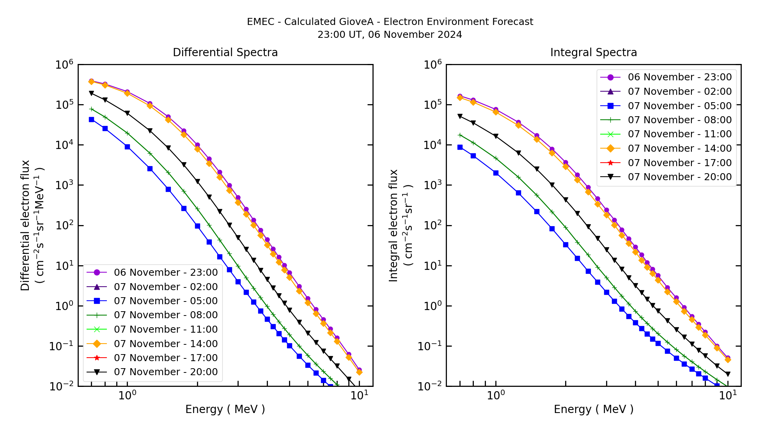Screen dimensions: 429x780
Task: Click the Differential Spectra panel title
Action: (x=225, y=53)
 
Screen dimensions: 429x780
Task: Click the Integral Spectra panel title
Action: (x=593, y=53)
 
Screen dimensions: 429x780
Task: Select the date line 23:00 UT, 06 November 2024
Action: (x=390, y=35)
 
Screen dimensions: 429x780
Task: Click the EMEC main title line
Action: (x=390, y=22)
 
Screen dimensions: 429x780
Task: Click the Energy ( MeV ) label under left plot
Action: (x=225, y=409)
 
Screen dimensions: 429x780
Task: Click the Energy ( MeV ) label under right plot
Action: (x=593, y=409)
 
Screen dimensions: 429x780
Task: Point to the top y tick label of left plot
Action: (x=64, y=65)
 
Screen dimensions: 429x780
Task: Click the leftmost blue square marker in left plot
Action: (x=91, y=120)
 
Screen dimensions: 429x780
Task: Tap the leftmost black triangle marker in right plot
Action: (x=460, y=116)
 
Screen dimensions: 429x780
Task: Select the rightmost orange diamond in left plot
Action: (x=359, y=372)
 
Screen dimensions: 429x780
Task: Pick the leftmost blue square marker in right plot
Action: (x=460, y=147)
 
